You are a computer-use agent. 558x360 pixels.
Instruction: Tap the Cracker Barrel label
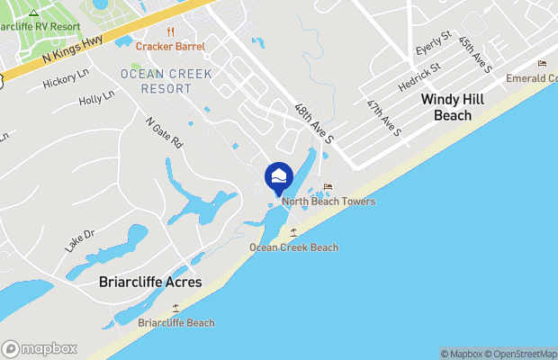(170, 46)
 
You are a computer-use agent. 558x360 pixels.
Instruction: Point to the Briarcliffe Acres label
(149, 283)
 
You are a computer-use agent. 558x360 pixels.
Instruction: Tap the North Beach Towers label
(328, 202)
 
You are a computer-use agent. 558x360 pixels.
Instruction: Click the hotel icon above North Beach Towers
(328, 187)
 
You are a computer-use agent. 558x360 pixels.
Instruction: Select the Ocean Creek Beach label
(293, 247)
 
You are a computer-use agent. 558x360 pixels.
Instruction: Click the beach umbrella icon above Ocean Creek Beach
(293, 233)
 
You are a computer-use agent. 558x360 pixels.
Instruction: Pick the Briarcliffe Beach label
(176, 322)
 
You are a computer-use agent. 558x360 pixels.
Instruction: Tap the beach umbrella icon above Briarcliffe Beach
(175, 308)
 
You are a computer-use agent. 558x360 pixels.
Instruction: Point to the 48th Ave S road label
(314, 123)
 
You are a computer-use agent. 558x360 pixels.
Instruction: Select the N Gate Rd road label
(165, 131)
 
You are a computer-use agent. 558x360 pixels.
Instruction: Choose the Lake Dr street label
(79, 239)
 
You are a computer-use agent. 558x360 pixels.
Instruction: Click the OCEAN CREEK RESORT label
(157, 81)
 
